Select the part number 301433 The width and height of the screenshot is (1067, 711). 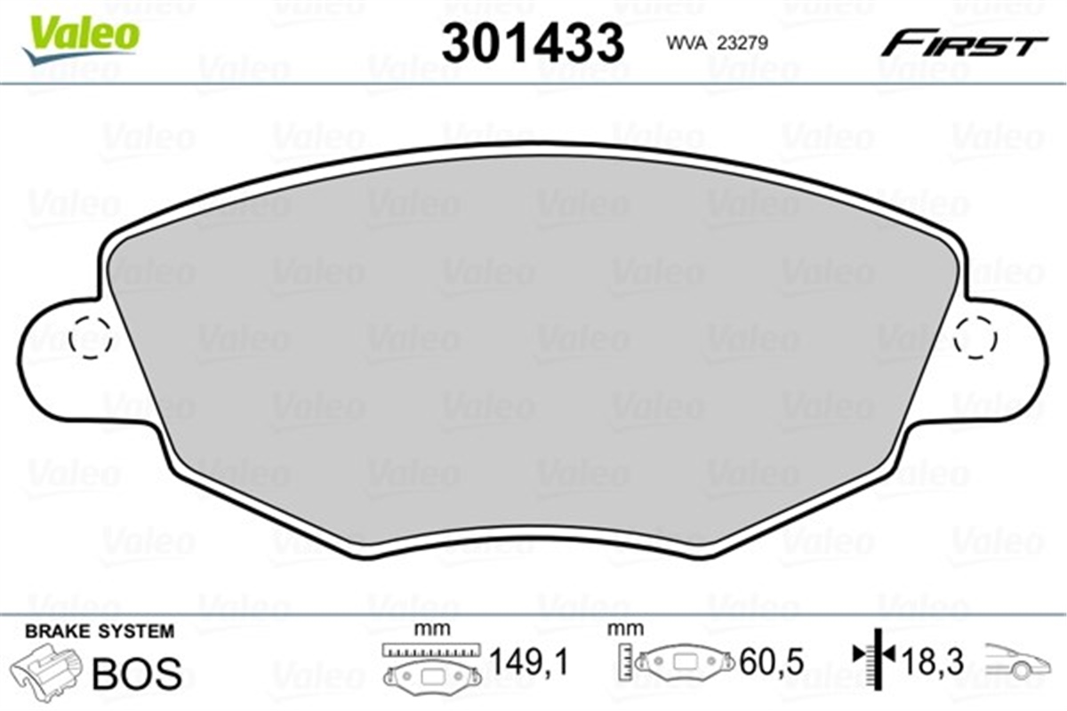click(533, 42)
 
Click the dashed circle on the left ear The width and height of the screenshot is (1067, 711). click(89, 338)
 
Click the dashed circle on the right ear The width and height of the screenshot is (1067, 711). click(975, 338)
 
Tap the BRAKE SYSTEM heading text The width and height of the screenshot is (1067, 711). click(100, 632)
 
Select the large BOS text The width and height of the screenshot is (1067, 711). click(135, 673)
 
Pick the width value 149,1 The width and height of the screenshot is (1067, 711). click(528, 661)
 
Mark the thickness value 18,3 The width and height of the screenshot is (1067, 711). click(934, 660)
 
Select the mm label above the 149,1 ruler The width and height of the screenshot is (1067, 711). click(431, 629)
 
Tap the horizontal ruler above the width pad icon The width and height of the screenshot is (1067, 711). click(431, 649)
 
